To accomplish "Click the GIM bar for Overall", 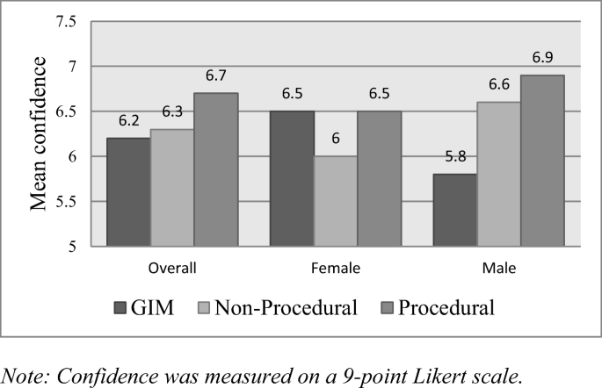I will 128,192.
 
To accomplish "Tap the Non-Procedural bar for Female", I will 336,201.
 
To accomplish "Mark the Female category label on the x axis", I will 336,267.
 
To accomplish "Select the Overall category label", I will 171,267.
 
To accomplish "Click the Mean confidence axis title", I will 40,133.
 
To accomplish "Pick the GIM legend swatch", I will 121,308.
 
